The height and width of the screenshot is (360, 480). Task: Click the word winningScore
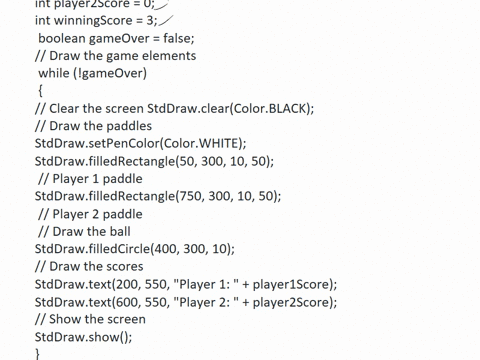[92, 20]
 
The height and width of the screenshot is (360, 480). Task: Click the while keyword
[53, 73]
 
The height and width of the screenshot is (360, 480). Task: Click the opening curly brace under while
[41, 90]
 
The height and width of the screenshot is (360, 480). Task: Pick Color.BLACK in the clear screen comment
[272, 108]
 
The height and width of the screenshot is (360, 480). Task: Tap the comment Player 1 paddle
[90, 179]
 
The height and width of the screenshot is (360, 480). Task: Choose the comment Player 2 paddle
[90, 214]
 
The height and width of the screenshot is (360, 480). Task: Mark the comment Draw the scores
[89, 266]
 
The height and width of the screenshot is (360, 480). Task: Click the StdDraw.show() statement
[83, 337]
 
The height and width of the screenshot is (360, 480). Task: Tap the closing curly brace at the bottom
[38, 353]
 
